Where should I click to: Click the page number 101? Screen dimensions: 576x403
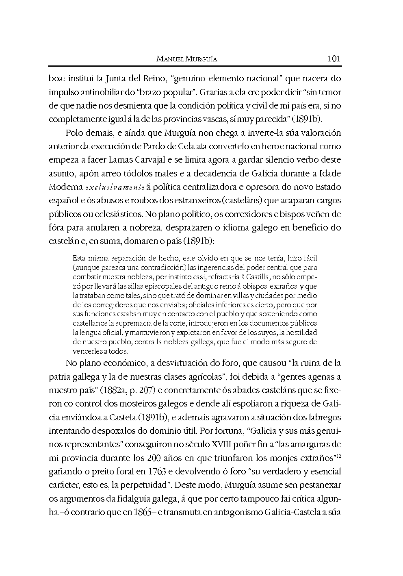[334, 59]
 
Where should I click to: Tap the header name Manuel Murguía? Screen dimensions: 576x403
[187, 59]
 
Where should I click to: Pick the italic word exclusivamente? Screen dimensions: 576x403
[115, 187]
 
